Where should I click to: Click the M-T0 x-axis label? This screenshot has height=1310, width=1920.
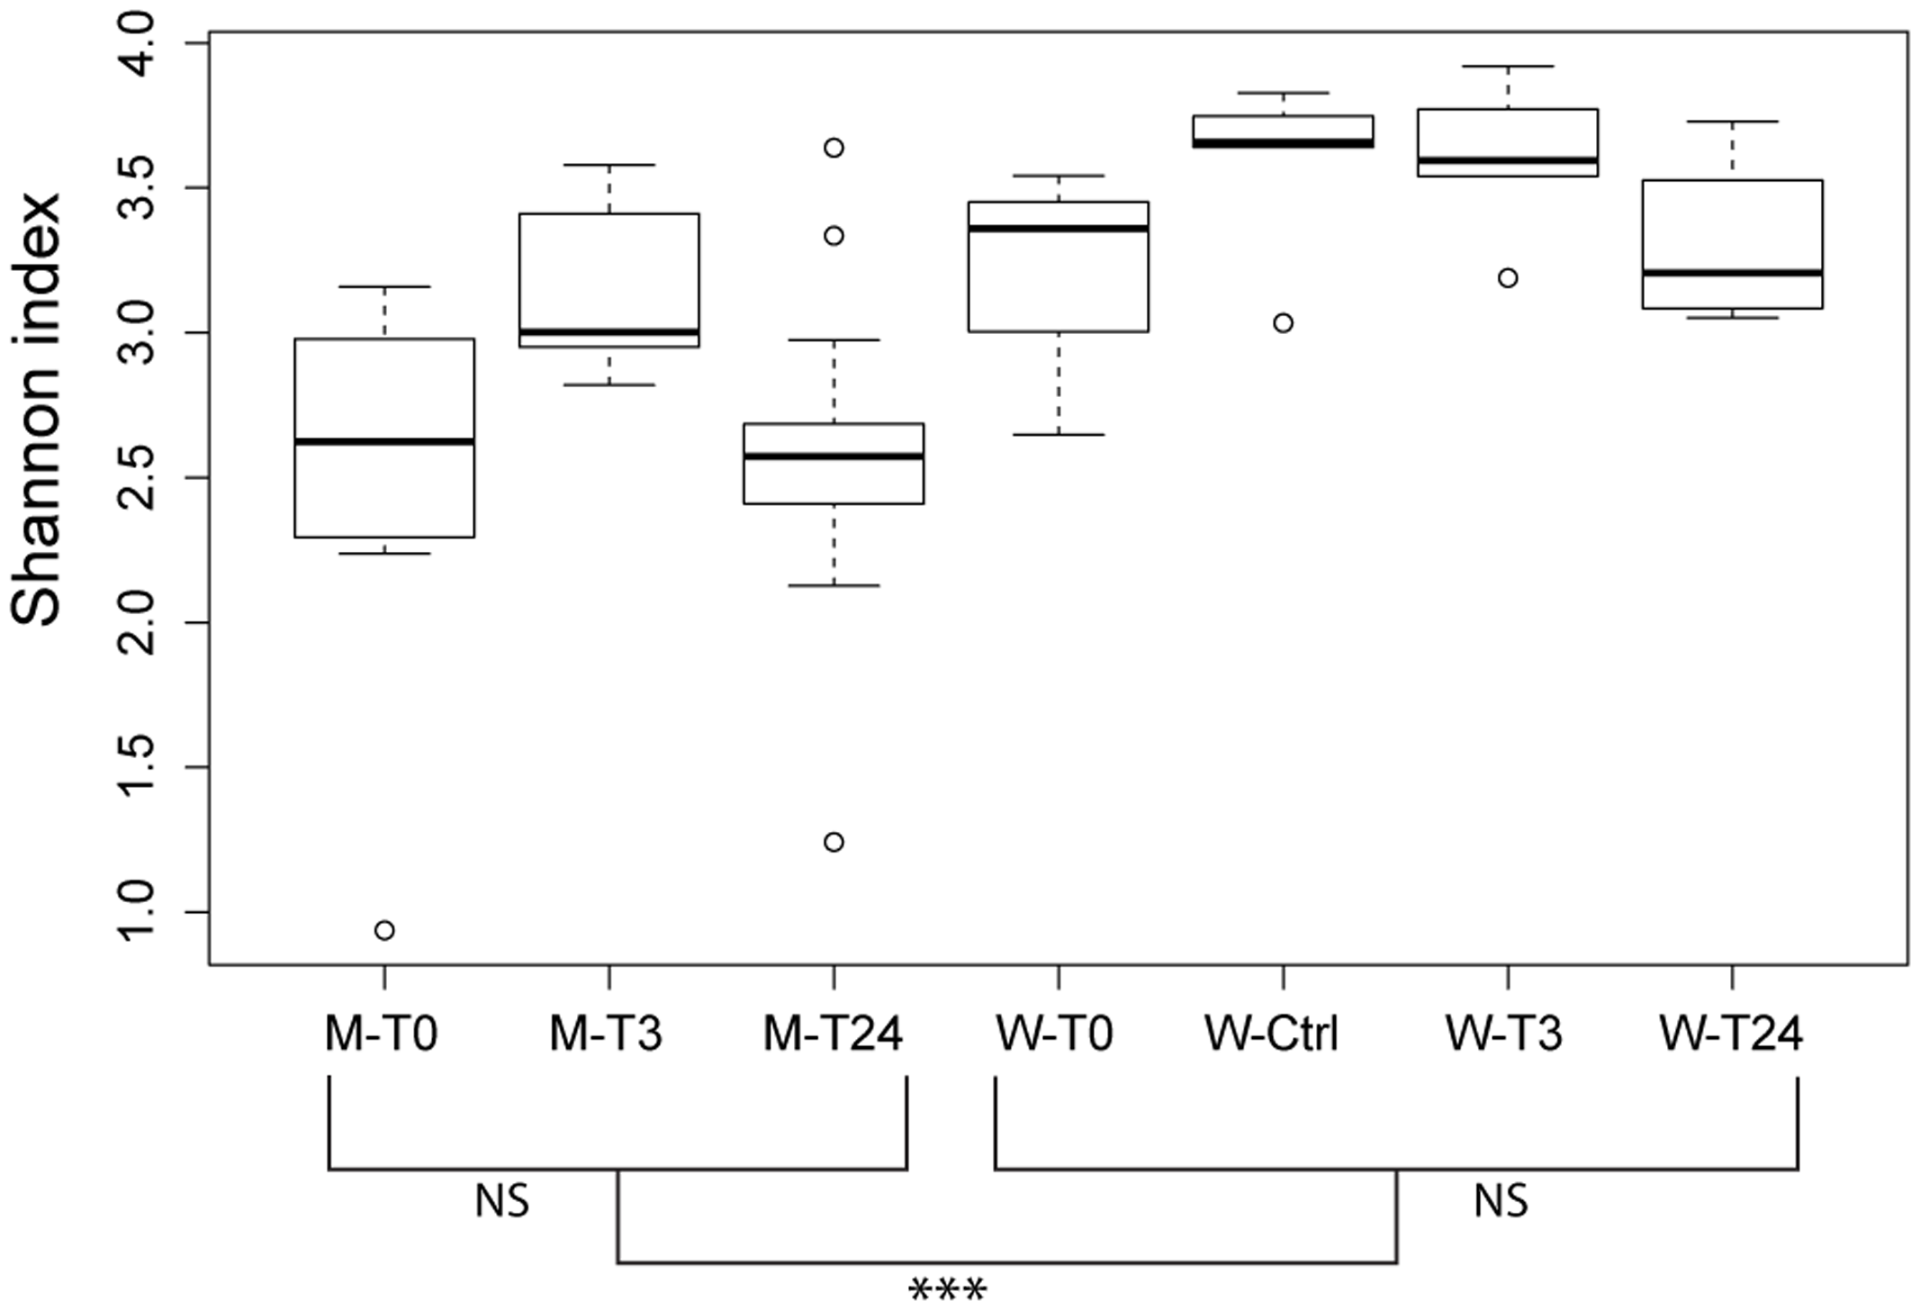pos(381,1034)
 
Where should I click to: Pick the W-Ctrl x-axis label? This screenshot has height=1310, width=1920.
pos(1272,1034)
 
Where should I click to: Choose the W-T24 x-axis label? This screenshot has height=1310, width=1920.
pos(1731,1034)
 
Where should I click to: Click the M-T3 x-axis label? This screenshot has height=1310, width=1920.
pos(606,1034)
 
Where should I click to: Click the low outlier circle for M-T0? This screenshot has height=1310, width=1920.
pos(384,930)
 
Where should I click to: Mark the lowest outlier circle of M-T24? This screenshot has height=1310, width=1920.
pos(834,842)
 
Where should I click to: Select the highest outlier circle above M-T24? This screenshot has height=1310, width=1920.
pos(834,148)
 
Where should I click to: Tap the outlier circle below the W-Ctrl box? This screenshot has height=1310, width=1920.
pos(1283,322)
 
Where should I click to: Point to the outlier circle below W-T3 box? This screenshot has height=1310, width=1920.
pos(1508,277)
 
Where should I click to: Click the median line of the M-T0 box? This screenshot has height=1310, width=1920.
pos(384,441)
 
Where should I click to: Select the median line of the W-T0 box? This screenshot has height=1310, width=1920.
pos(1059,228)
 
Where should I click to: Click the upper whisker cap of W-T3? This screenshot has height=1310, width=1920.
pos(1508,66)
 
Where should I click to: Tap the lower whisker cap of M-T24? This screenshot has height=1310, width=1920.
pos(834,585)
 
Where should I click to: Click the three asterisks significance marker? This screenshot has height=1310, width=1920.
pos(948,1289)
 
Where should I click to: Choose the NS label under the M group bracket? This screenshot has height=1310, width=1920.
pos(502,1201)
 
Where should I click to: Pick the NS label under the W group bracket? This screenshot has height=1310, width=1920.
pos(1501,1201)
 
